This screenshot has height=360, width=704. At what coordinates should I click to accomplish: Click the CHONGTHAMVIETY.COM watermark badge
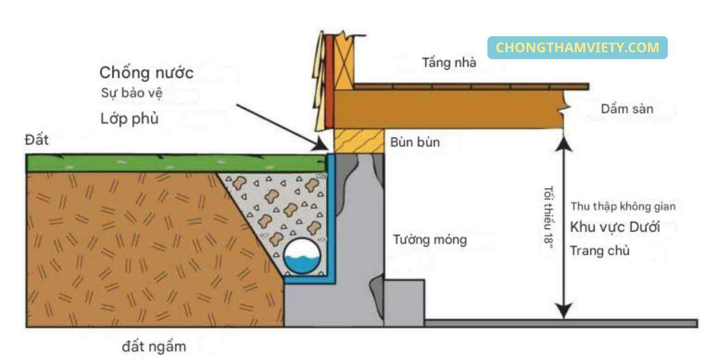(x=577, y=48)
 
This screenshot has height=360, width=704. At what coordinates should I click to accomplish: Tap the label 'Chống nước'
(x=146, y=72)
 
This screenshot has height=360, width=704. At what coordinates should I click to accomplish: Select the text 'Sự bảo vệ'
(x=132, y=93)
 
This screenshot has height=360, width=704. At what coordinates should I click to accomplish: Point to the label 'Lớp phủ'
(x=129, y=119)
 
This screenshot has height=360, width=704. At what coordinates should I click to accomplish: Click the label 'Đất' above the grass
(x=37, y=139)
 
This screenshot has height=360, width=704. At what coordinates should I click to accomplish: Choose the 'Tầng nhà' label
(x=449, y=62)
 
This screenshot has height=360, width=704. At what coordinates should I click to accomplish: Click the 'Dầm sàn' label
(x=627, y=109)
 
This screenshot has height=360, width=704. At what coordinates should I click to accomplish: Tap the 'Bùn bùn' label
(x=415, y=142)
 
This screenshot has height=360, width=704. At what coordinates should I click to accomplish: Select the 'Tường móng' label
(x=429, y=239)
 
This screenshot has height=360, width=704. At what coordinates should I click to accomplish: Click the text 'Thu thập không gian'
(x=623, y=207)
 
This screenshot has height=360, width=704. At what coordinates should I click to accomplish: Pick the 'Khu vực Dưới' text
(x=615, y=227)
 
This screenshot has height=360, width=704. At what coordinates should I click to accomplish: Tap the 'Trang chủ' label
(x=599, y=251)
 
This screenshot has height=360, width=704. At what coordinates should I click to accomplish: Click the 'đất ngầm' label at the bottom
(x=154, y=346)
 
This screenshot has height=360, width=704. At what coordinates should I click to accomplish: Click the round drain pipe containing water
(x=302, y=256)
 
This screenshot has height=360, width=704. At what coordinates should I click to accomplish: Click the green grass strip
(x=174, y=163)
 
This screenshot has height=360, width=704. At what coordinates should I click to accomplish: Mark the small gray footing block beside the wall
(x=404, y=303)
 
